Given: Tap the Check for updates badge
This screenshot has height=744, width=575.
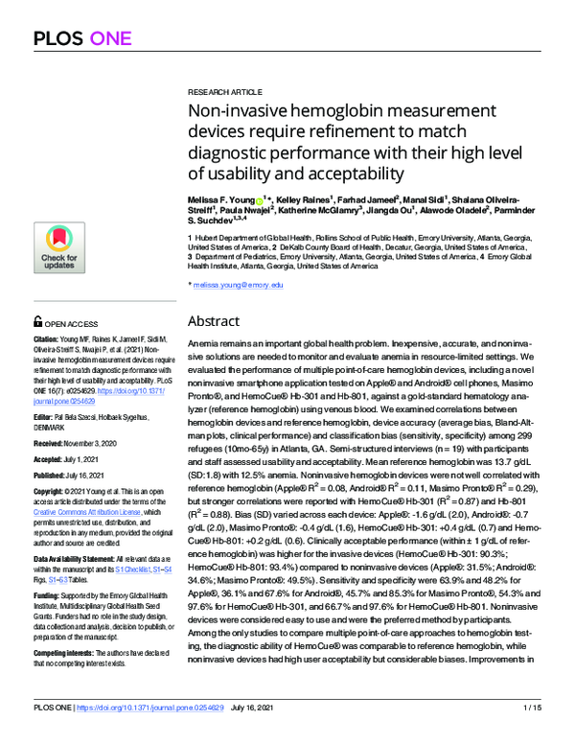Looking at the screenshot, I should point(59,248).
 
